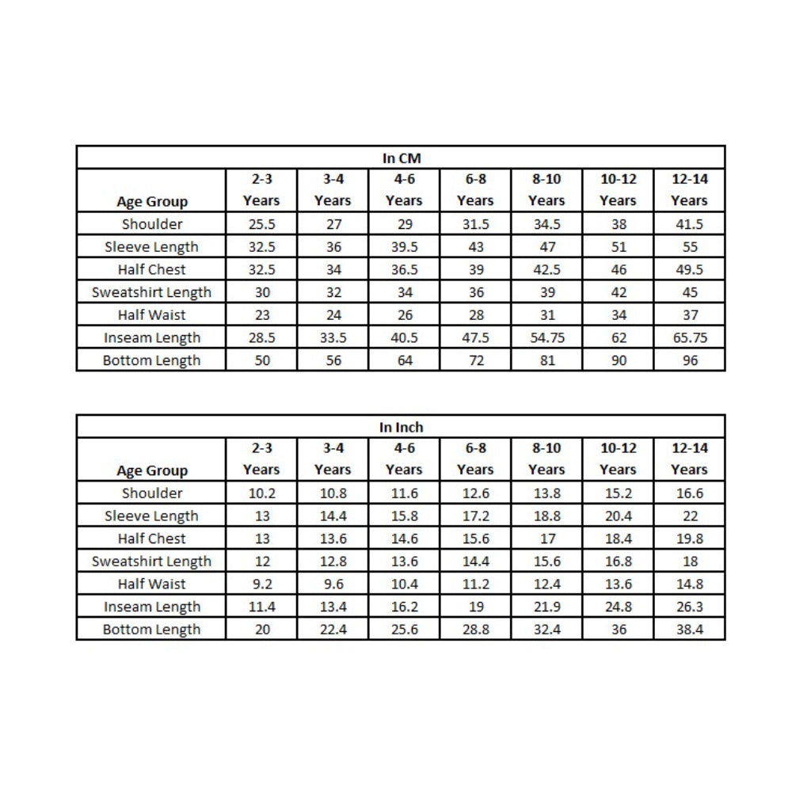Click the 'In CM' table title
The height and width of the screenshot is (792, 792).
pos(401,158)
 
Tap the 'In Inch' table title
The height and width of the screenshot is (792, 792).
pos(401,428)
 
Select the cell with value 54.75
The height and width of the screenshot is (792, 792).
pos(546,337)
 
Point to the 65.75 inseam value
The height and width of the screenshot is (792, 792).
pos(689,337)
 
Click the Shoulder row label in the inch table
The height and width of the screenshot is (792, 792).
pos(152,493)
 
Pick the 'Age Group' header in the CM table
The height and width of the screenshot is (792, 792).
pos(152,201)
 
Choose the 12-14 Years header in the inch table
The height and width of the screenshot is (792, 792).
pos(689,459)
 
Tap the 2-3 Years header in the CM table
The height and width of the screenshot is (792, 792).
pos(261,190)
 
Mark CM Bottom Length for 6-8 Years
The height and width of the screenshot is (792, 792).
pos(475,360)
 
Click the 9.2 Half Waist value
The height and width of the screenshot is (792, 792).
pos(261,584)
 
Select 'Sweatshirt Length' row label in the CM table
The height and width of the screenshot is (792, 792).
pos(152,292)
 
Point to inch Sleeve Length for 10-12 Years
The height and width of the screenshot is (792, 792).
pos(618,516)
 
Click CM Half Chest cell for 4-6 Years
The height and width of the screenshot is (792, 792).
pos(404,269)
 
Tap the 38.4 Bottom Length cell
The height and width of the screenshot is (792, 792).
pos(689,630)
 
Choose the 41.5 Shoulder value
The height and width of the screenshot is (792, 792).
pos(689,224)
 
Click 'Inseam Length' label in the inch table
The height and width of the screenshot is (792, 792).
pos(152,607)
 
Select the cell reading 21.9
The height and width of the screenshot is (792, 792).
pos(546,607)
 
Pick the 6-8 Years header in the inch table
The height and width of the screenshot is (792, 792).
pos(475,459)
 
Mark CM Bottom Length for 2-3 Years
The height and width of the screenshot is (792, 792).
pos(261,360)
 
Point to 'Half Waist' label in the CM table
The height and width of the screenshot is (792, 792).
pos(152,315)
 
